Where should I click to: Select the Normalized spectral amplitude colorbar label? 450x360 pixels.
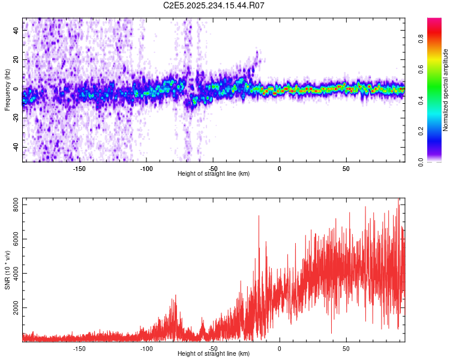446,91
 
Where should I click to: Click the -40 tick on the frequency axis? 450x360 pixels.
14,147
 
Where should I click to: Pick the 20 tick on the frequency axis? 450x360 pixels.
16,59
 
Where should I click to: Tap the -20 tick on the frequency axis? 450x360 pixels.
14,118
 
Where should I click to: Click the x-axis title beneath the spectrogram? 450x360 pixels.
214,174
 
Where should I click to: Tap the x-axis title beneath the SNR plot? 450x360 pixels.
214,354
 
